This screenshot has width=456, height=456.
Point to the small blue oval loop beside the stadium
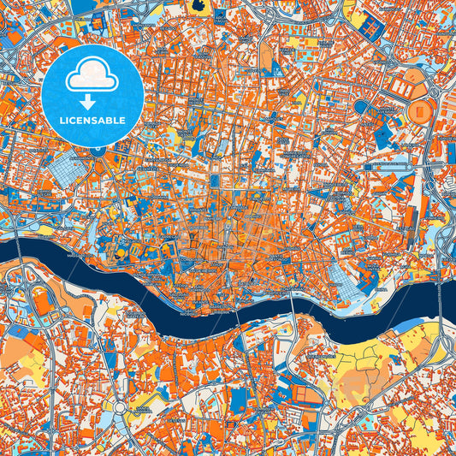pos(361,107)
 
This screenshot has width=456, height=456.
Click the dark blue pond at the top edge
pos(199,6)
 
